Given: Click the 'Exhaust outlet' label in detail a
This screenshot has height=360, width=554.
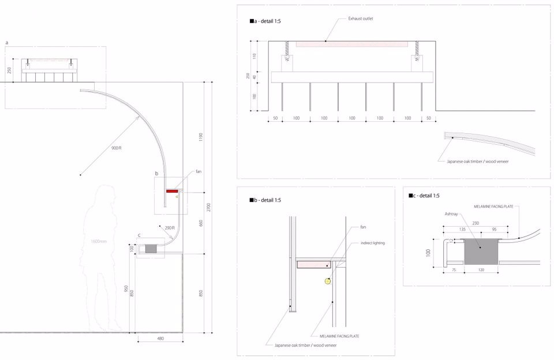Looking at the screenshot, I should [361, 18].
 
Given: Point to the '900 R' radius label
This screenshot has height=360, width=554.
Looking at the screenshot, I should [116, 148].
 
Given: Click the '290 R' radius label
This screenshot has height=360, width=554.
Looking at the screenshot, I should [170, 228].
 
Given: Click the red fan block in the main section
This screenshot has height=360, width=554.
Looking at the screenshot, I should [171, 191].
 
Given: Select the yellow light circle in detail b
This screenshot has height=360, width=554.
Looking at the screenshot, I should [328, 281].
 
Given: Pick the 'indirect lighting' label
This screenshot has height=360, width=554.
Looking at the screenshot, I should [372, 243].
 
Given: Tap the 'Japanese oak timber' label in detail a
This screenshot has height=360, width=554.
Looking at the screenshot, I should [477, 162].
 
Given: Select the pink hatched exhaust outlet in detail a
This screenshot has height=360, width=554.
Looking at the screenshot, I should [351, 43].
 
